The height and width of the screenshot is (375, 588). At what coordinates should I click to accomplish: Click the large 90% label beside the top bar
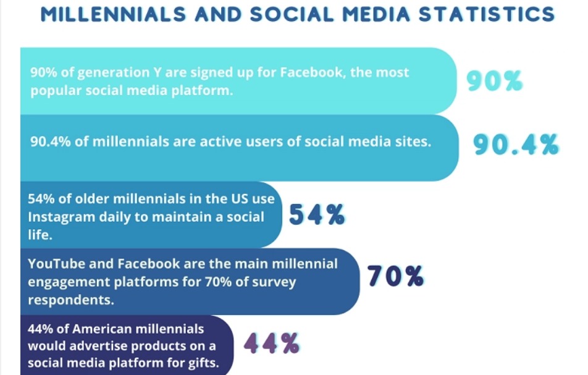(494, 81)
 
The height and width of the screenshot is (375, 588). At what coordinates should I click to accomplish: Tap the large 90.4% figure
(516, 145)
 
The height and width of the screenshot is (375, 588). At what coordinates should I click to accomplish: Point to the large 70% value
(395, 277)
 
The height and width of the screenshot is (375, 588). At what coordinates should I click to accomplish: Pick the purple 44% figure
(272, 343)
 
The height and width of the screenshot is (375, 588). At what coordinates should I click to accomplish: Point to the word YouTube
(54, 264)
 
